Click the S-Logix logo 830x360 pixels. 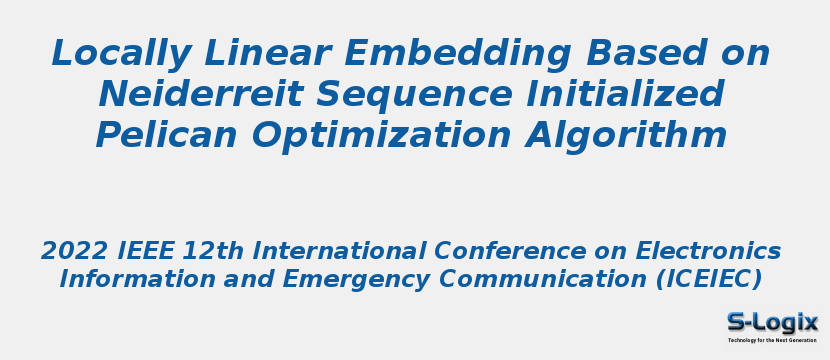771,321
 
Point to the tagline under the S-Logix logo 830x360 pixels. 771,341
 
